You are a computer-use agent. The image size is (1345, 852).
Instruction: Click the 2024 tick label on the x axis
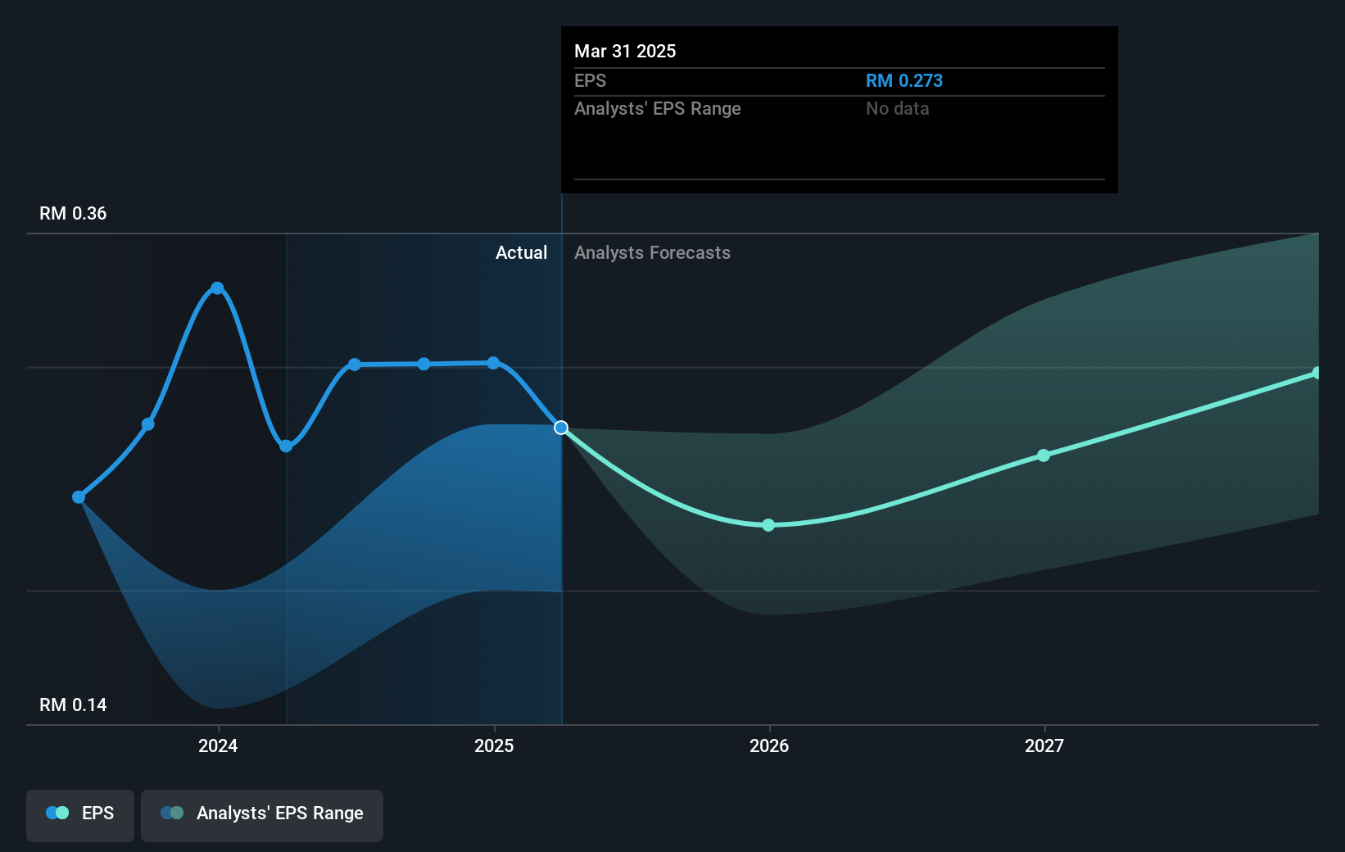(218, 745)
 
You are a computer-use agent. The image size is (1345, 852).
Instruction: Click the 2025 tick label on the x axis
(494, 745)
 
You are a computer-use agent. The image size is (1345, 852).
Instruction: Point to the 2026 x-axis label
(769, 745)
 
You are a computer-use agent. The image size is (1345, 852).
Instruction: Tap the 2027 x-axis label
(1044, 745)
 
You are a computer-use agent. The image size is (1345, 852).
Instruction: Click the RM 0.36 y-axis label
(73, 214)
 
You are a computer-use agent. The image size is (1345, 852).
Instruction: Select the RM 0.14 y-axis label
(73, 705)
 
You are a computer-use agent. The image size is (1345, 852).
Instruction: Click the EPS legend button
(80, 813)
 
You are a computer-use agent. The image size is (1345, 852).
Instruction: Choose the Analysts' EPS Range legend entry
(262, 813)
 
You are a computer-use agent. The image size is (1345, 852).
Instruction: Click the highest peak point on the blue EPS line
(217, 288)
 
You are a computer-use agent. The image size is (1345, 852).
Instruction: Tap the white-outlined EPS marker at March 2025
(561, 428)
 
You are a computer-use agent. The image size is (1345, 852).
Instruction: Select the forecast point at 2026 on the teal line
(768, 525)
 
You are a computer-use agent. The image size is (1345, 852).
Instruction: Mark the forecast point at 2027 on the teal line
(1044, 455)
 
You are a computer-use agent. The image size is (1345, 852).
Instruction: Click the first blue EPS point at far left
(79, 497)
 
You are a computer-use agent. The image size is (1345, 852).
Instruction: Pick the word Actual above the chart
(521, 253)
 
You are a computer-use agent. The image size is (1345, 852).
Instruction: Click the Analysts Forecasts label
(652, 253)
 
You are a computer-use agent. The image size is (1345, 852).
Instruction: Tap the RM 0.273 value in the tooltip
(903, 81)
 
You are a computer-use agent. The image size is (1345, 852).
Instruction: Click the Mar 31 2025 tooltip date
(625, 52)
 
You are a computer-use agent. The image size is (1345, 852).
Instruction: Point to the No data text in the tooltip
(897, 109)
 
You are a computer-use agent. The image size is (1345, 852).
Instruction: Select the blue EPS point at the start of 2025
(493, 363)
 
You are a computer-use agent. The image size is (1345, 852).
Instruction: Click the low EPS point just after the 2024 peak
(286, 446)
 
